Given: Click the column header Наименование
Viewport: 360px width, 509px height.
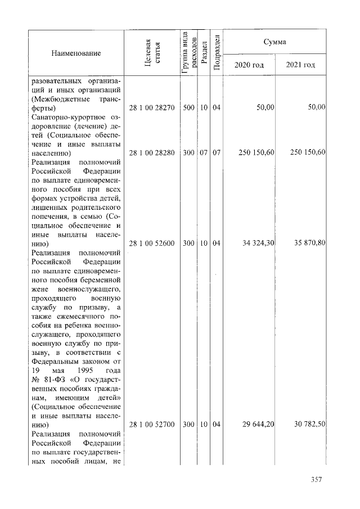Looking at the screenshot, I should (x=76, y=53).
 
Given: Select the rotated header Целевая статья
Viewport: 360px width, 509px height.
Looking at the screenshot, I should (x=152, y=53).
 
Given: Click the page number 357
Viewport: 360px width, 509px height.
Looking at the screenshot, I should (x=316, y=480).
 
